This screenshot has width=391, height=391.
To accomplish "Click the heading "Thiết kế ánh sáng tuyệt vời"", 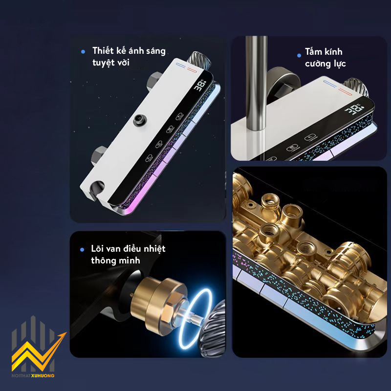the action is pyautogui.click(x=129, y=56).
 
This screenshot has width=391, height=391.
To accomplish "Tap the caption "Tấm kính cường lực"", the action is pyautogui.click(x=325, y=57).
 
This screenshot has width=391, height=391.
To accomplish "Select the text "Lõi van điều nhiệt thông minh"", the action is pyautogui.click(x=128, y=254).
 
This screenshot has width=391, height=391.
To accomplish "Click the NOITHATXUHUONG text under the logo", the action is pyautogui.click(x=33, y=375).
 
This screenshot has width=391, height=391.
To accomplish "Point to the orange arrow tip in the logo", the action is pyautogui.click(x=65, y=333).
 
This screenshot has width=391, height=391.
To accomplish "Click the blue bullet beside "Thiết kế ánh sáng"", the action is pyautogui.click(x=83, y=52).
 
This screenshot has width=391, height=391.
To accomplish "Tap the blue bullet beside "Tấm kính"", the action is pyautogui.click(x=299, y=55).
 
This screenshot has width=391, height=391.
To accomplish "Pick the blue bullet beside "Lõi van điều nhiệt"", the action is pyautogui.click(x=82, y=249).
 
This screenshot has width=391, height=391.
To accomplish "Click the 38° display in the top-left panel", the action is pyautogui.click(x=200, y=85).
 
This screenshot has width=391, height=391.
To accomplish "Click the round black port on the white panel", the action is pyautogui.click(x=139, y=120).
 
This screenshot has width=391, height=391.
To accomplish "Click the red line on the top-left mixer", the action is pyautogui.click(x=192, y=69).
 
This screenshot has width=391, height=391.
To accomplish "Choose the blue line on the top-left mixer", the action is pyautogui.click(x=181, y=65).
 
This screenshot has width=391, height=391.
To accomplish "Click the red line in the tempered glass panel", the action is pyautogui.click(x=345, y=91).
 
